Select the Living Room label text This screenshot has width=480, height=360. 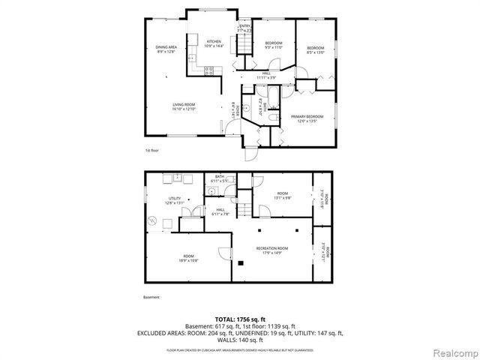[x=184, y=106]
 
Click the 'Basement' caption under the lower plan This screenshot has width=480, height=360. [x=151, y=297]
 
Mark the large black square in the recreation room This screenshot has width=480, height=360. [x=241, y=263]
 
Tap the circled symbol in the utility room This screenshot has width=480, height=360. [x=153, y=220]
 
